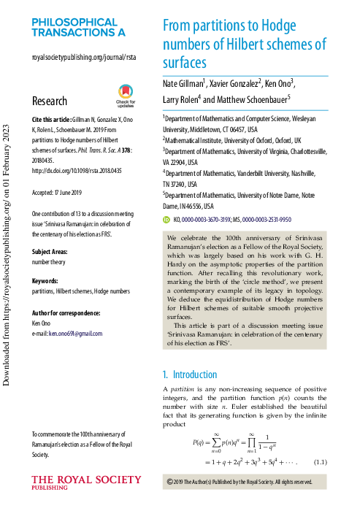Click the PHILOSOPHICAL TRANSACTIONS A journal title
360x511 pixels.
[78, 28]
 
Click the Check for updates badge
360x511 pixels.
[126, 97]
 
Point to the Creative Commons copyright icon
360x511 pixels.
[170, 482]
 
